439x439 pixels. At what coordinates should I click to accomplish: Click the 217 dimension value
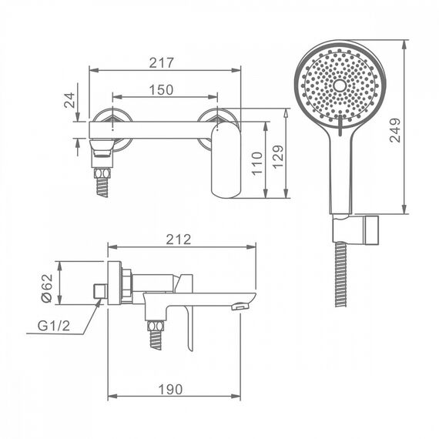tap(161, 62)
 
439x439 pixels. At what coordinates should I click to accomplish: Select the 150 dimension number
tap(161, 90)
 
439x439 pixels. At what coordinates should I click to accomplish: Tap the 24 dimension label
tap(70, 100)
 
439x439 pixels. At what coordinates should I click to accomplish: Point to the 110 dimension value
tap(257, 164)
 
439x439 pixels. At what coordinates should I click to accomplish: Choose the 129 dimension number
tap(278, 157)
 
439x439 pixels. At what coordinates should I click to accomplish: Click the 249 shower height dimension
tap(396, 130)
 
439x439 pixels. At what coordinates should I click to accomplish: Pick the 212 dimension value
tap(179, 240)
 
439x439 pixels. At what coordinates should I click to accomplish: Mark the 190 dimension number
tap(170, 389)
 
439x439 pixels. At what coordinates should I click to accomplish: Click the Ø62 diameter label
tap(46, 288)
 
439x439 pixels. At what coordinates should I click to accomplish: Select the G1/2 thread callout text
tap(54, 326)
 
